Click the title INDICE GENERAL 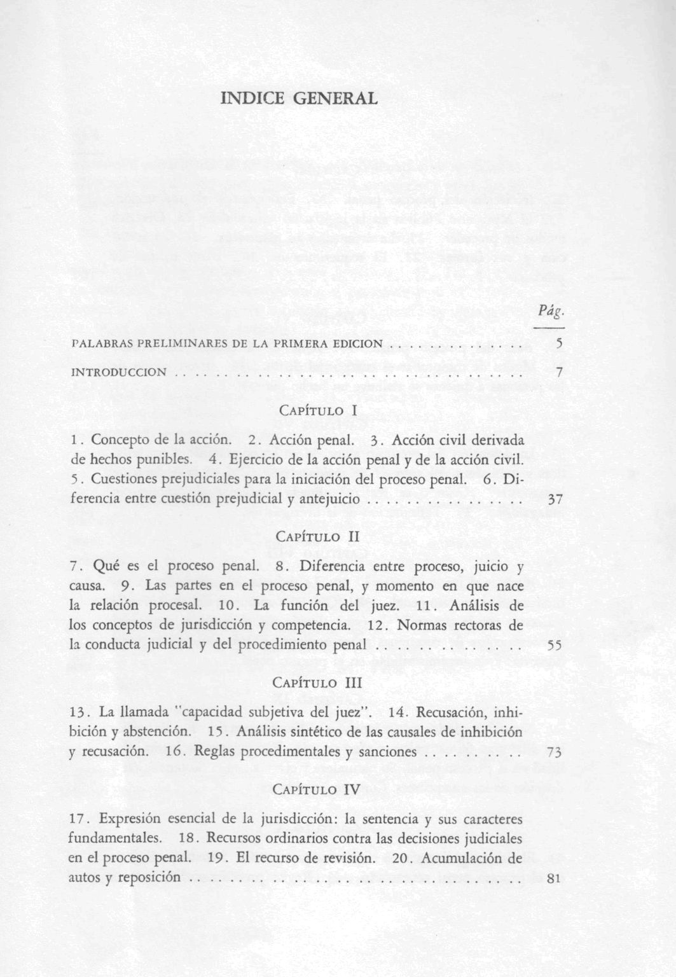[298, 99]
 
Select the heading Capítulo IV [317, 790]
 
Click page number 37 [555, 500]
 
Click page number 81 [553, 880]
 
